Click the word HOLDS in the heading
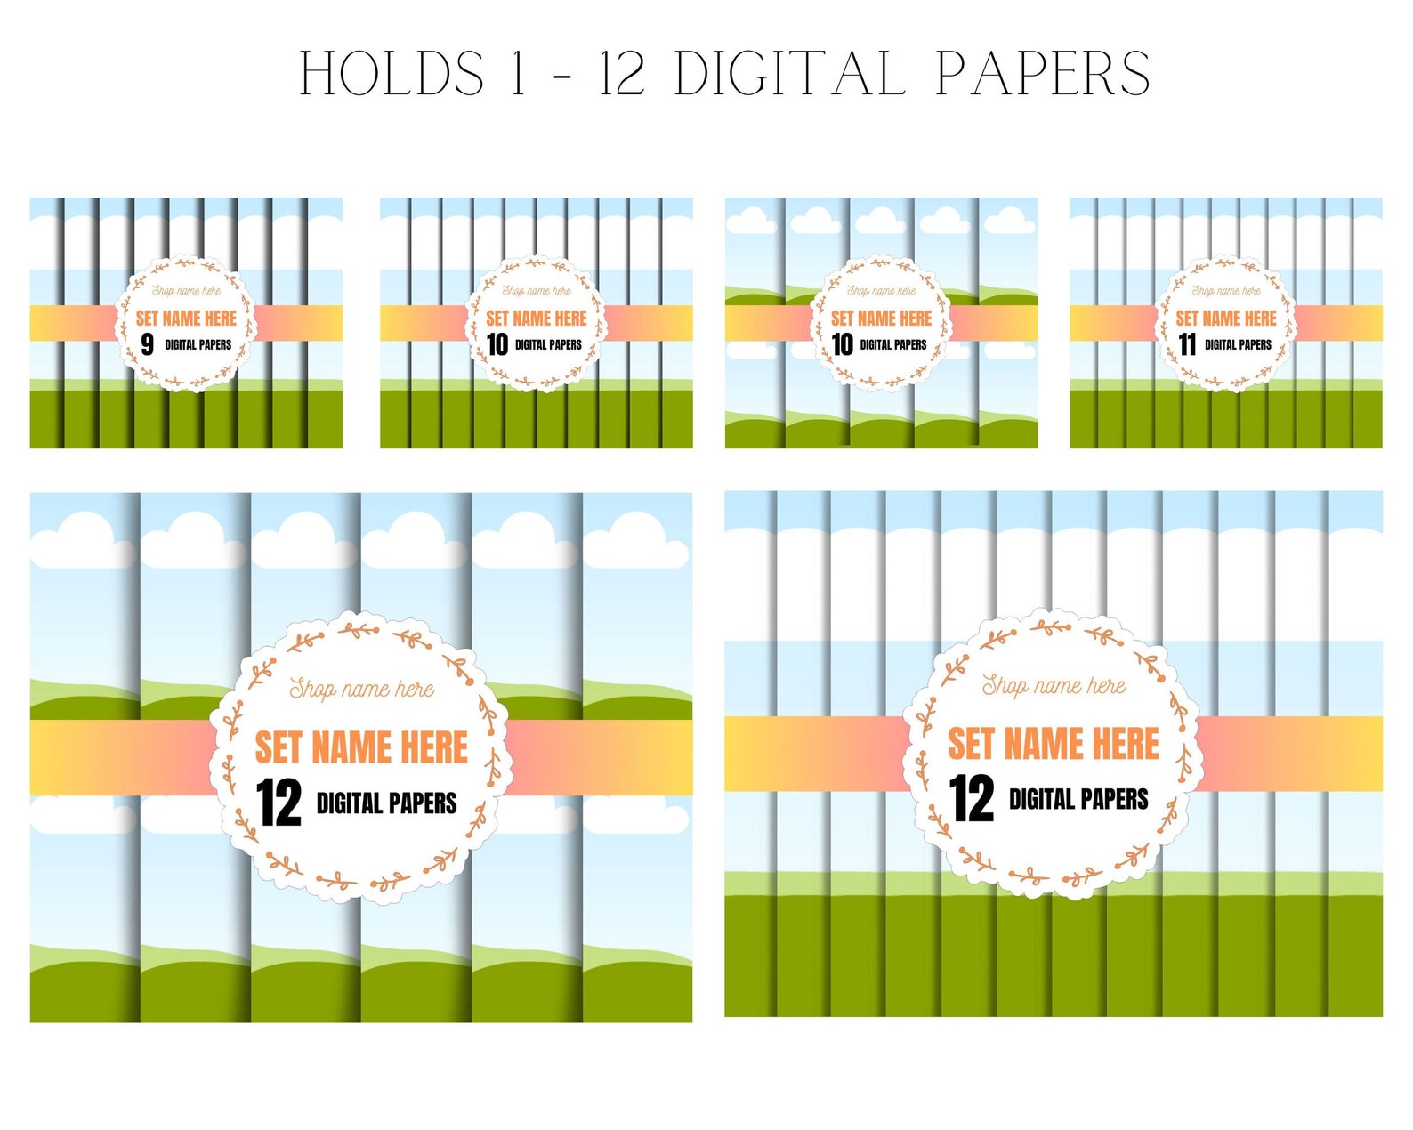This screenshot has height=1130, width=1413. point(392,73)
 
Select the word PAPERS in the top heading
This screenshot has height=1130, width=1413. point(1043,73)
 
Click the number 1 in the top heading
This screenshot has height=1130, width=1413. point(519,73)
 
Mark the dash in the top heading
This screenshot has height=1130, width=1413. point(562,75)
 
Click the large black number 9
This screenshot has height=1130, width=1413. point(148,344)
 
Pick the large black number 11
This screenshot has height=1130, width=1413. point(1187,344)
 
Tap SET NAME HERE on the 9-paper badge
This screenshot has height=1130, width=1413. point(186,318)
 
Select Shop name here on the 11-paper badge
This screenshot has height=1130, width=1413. point(1226,290)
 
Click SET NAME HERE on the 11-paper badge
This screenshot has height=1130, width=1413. point(1226,318)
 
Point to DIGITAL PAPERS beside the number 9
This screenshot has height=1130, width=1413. point(198,344)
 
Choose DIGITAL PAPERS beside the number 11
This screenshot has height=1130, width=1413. point(1238,344)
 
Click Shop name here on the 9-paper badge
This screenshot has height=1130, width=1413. point(186,290)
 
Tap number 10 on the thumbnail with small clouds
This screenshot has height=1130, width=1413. point(842,344)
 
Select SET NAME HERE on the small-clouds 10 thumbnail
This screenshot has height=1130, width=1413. point(881,318)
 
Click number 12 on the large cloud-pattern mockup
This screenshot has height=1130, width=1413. point(279,803)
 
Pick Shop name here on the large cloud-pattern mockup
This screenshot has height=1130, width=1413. point(361,688)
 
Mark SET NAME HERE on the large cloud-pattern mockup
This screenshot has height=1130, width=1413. point(361,747)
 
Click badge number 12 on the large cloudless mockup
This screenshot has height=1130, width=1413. point(972,798)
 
